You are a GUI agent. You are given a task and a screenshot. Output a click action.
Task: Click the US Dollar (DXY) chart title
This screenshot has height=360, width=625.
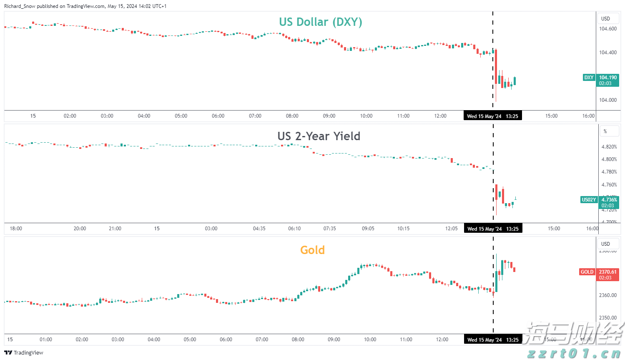click(320, 22)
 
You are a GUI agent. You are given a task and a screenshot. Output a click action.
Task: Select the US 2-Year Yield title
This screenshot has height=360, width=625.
click(319, 136)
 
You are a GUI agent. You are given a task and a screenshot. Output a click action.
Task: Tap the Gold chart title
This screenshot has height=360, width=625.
click(312, 250)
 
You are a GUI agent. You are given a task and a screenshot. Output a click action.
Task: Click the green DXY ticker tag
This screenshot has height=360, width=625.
click(588, 78)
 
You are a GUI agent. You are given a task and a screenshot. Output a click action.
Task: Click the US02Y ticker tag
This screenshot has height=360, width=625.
click(588, 200)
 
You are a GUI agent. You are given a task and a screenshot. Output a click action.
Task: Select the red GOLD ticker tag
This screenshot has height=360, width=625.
click(587, 272)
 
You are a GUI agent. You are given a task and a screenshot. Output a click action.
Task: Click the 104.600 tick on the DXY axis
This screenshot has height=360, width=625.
click(607, 29)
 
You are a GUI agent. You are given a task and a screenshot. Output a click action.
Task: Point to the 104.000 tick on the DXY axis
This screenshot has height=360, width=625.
click(607, 100)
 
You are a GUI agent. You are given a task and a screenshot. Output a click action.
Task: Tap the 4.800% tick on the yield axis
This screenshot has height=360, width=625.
click(609, 159)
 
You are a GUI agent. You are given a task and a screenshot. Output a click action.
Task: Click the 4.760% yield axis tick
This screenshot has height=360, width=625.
click(609, 185)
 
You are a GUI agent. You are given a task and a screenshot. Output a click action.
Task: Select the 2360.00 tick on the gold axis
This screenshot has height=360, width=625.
click(607, 295)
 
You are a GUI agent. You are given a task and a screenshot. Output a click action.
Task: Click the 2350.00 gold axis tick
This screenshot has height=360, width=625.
click(607, 318)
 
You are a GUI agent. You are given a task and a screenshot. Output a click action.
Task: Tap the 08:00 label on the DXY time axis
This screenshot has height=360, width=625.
click(292, 116)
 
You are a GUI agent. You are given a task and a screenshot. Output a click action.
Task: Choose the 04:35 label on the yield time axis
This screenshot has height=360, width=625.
click(259, 229)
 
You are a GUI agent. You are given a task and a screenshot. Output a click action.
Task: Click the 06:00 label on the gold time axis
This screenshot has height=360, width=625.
click(226, 340)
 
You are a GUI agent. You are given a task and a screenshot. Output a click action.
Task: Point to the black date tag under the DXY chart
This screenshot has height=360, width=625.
click(492, 116)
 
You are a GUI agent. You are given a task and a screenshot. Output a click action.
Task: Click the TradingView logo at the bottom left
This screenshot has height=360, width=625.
click(24, 353)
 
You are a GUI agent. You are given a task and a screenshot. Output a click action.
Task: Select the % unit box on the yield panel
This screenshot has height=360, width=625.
click(605, 131)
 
